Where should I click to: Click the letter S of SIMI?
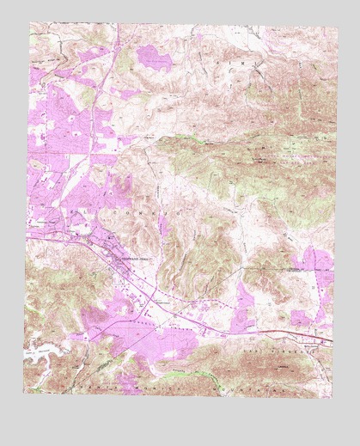click(225, 62)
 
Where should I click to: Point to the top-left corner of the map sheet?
click(28, 23)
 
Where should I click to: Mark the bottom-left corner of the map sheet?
click(28, 399)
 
